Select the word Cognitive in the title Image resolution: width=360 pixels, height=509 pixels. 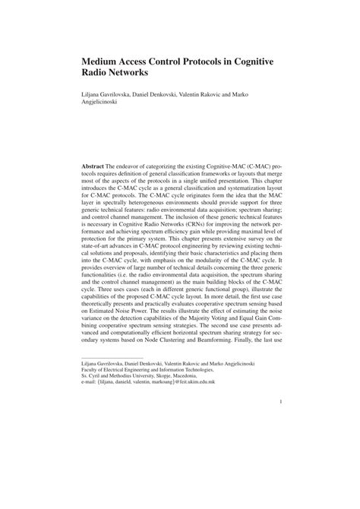point(254,62)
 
